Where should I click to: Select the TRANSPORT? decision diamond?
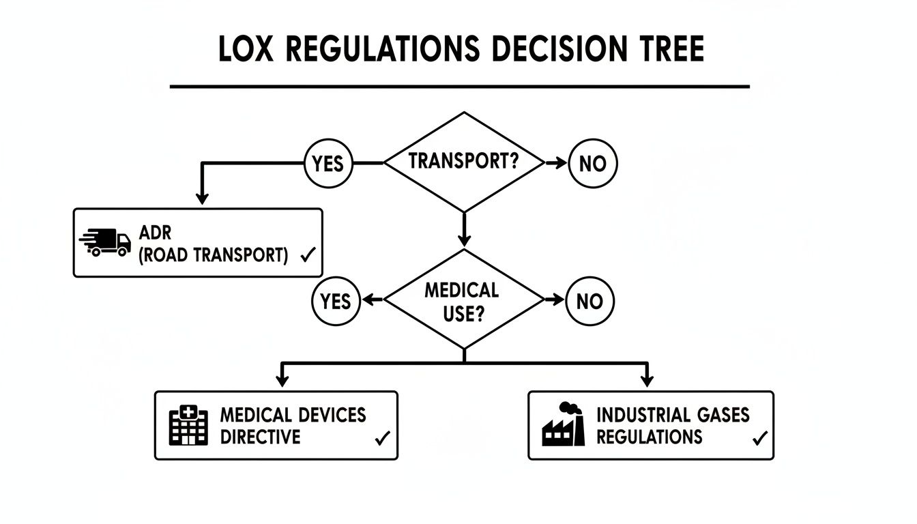[x=464, y=162]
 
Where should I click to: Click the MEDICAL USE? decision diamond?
[x=464, y=300]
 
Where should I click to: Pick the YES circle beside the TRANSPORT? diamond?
[x=328, y=164]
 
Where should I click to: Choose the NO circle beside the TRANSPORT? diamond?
[x=592, y=164]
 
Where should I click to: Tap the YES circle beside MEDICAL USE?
[x=336, y=301]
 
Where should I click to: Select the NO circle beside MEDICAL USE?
[x=589, y=301]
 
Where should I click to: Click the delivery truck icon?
[x=106, y=242]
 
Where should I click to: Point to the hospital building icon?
[x=188, y=425]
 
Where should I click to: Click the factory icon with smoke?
[x=564, y=425]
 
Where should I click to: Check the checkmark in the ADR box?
[x=307, y=255]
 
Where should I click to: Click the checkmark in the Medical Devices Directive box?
[x=382, y=438]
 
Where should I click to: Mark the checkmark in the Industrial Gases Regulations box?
[x=759, y=438]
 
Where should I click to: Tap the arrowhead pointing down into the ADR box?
[x=201, y=198]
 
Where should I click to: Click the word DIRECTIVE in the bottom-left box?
[x=260, y=437]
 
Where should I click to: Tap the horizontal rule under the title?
[x=458, y=87]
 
